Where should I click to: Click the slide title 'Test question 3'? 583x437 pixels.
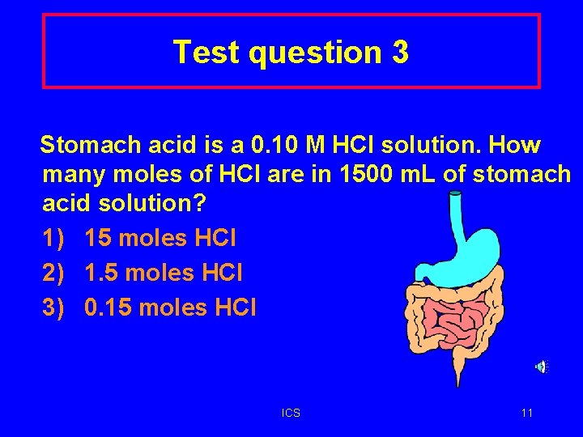point(291,53)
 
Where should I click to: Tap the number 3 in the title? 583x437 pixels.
point(399,53)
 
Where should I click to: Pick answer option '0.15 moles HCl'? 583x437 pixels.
point(170,308)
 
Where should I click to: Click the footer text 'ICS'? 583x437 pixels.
point(291,414)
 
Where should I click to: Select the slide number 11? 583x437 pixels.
point(527,414)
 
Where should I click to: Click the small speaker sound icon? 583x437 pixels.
point(541,367)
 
